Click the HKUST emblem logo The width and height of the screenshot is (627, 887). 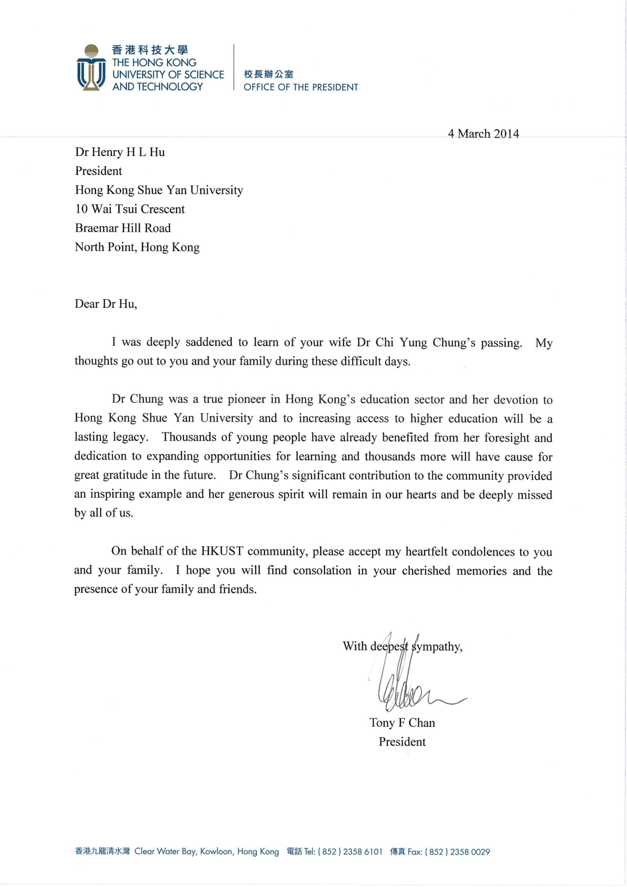[x=91, y=68]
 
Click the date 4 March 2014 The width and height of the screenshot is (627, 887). [x=483, y=134]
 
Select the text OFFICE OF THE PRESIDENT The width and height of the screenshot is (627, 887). [x=300, y=87]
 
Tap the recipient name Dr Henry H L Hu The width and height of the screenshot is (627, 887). [x=120, y=152]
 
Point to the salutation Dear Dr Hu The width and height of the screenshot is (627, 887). [x=106, y=304]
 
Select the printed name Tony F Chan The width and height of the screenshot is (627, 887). [x=402, y=723]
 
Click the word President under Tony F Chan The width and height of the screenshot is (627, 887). [x=402, y=742]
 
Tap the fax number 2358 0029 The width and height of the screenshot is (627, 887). [x=470, y=852]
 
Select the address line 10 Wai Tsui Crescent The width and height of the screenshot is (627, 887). [x=130, y=209]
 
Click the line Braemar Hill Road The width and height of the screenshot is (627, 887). [x=123, y=228]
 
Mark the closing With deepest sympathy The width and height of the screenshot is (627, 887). [x=402, y=646]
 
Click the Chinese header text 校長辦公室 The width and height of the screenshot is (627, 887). [x=268, y=74]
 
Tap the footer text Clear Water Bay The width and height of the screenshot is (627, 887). [x=165, y=852]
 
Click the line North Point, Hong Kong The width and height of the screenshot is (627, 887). [x=137, y=247]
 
